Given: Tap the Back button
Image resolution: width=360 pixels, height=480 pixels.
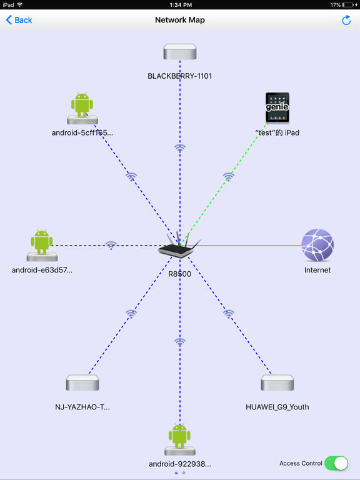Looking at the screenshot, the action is tap(19, 20).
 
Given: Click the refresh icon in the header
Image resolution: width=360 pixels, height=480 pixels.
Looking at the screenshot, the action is tap(346, 20).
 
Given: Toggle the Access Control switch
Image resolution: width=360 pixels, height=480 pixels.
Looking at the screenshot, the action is tap(336, 463).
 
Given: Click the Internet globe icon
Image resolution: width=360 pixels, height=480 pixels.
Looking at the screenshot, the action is tap(317, 245).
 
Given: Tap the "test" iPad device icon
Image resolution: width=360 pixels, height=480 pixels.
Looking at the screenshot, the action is tap(277, 107).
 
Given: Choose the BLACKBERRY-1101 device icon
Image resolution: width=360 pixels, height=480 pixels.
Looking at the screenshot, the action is tap(180, 51).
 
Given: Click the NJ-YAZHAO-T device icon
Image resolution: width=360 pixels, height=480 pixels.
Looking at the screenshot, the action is tap(82, 382).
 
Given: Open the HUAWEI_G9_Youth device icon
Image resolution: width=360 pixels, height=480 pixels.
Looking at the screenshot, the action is tap(277, 382).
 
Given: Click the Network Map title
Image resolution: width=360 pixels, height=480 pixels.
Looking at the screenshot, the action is tap(180, 20).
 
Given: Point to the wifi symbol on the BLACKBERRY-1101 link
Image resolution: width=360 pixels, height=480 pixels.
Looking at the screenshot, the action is tap(180, 149).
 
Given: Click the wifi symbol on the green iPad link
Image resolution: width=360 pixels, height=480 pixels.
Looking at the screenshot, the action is tap(228, 177).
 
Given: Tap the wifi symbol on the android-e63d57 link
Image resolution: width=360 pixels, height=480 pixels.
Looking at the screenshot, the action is tap(111, 245).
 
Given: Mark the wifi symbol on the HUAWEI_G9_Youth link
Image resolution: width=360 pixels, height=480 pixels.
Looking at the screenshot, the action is tap(228, 314).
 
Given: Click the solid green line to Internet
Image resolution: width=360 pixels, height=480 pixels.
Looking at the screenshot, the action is tap(244, 245).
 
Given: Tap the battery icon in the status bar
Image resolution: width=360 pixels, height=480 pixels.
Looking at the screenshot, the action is tap(347, 5).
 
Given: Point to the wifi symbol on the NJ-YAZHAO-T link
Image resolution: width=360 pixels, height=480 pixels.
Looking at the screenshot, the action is tap(131, 314).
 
